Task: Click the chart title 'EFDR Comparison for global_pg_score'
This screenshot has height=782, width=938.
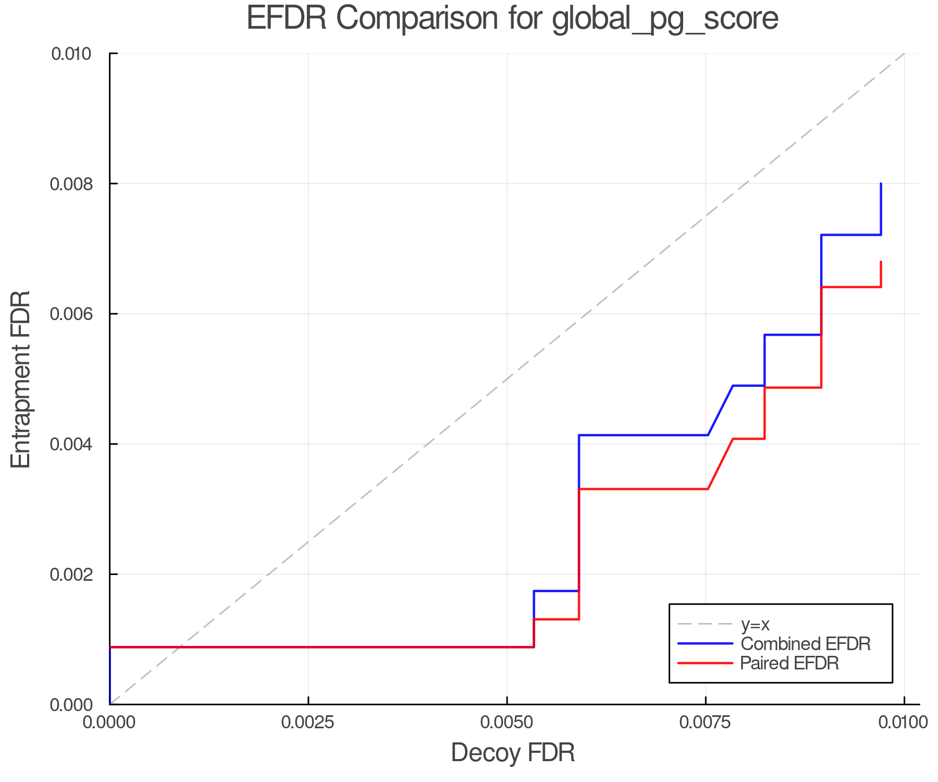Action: [512, 19]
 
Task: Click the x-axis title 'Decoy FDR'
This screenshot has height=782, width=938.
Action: [513, 753]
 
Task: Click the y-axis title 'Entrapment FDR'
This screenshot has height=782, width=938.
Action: [21, 379]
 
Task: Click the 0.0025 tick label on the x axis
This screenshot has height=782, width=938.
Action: [308, 722]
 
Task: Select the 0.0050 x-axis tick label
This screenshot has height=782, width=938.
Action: [507, 722]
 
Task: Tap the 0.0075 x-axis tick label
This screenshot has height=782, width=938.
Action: [706, 722]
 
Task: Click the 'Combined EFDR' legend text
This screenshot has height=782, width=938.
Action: [805, 644]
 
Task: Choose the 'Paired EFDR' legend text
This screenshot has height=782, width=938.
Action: [789, 663]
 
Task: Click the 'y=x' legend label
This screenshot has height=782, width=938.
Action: [755, 624]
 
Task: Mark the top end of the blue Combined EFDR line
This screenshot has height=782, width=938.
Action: [881, 184]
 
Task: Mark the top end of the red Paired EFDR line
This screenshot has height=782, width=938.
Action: [881, 262]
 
